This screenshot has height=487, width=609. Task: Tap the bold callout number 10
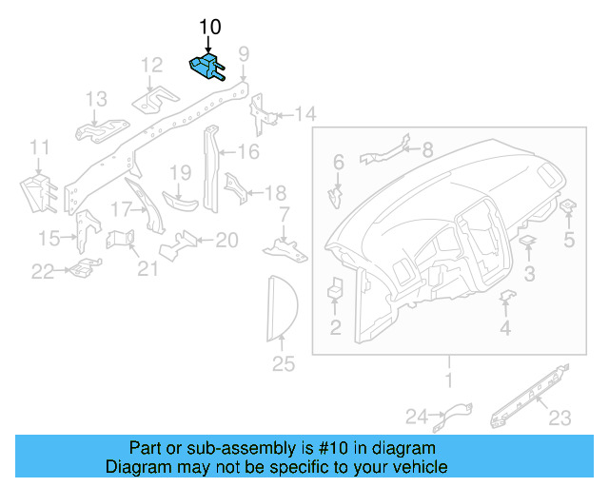[x=209, y=25]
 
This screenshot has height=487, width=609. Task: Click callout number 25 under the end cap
[x=284, y=363]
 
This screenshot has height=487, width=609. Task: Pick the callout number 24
[x=418, y=416]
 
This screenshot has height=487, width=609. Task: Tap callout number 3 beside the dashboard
[x=530, y=274]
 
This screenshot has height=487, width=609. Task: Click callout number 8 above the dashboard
[x=427, y=149]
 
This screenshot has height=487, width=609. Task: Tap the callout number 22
[x=43, y=273]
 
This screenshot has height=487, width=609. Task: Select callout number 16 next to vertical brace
[x=247, y=151]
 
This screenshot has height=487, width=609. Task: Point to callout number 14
[x=304, y=115]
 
